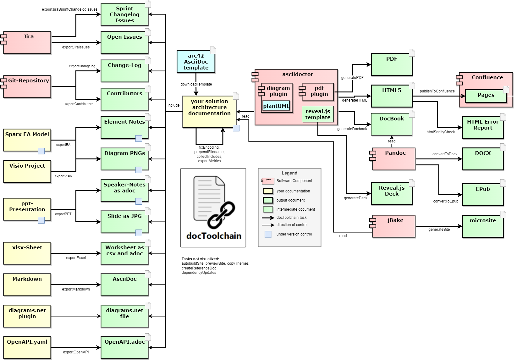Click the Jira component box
tap(27, 42)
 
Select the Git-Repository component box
tap(27, 86)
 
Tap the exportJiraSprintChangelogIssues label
tap(69, 9)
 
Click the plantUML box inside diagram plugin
tap(276, 106)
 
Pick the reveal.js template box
tap(318, 114)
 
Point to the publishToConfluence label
tap(437, 91)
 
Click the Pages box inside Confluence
tap(486, 96)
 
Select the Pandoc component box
tap(394, 159)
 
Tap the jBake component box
tap(394, 226)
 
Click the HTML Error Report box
tap(483, 127)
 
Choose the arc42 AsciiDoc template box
tap(196, 62)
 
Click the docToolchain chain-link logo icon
tap(221, 215)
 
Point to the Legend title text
tap(289, 173)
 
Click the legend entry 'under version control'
tap(294, 234)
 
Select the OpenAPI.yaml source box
tap(27, 347)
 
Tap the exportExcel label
tap(76, 258)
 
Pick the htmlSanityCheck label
tap(441, 132)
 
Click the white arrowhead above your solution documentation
tap(223, 93)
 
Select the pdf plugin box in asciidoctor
tap(318, 92)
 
